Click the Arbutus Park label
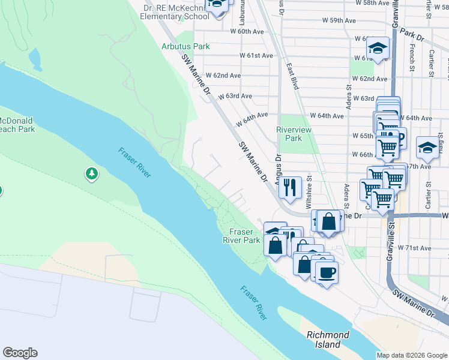click(x=185, y=46)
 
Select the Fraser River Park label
click(x=246, y=236)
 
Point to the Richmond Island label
click(x=327, y=340)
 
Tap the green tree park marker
click(x=91, y=174)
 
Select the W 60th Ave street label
click(x=247, y=31)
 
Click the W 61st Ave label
click(x=256, y=55)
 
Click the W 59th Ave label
click(x=339, y=20)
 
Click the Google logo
click(x=20, y=353)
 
